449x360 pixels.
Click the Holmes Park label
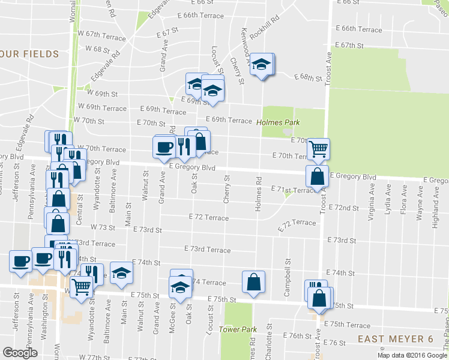[x=276, y=122]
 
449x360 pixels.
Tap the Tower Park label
[x=238, y=329]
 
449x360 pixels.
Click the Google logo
[x=20, y=353]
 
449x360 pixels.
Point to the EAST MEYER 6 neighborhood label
[x=396, y=339]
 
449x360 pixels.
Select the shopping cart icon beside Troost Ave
[x=318, y=148]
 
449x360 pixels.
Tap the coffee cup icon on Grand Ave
[x=164, y=147]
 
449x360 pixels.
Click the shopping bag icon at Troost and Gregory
[x=317, y=176]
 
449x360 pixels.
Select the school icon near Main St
[x=122, y=274]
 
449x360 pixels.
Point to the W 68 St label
[x=97, y=49]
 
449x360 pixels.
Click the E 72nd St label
[x=344, y=208]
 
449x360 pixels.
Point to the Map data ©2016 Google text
[x=410, y=355]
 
